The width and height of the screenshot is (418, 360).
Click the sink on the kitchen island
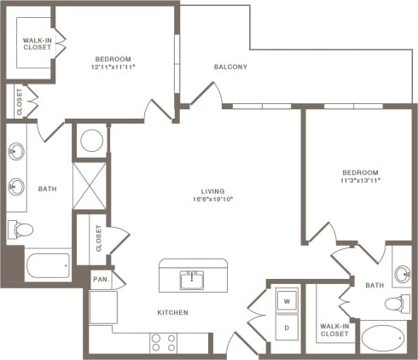pos(192,278)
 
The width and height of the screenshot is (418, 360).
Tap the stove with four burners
pos(163,342)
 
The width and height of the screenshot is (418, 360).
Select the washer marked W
pos(286,301)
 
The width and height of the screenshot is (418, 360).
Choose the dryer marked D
pos(286,328)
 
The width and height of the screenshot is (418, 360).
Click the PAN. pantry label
pos(101,279)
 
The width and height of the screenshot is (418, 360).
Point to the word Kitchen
pos(172,313)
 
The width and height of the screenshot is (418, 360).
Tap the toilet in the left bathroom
pos(20,229)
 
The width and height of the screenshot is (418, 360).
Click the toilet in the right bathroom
pos(396,304)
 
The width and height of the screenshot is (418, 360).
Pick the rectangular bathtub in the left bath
pos(47,265)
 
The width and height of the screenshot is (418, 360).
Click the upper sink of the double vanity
pos(15,154)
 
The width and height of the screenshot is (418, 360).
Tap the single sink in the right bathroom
pos(402,276)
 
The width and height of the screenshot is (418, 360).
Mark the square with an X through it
pos(90,185)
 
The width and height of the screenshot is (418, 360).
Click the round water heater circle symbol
pos(90,140)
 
